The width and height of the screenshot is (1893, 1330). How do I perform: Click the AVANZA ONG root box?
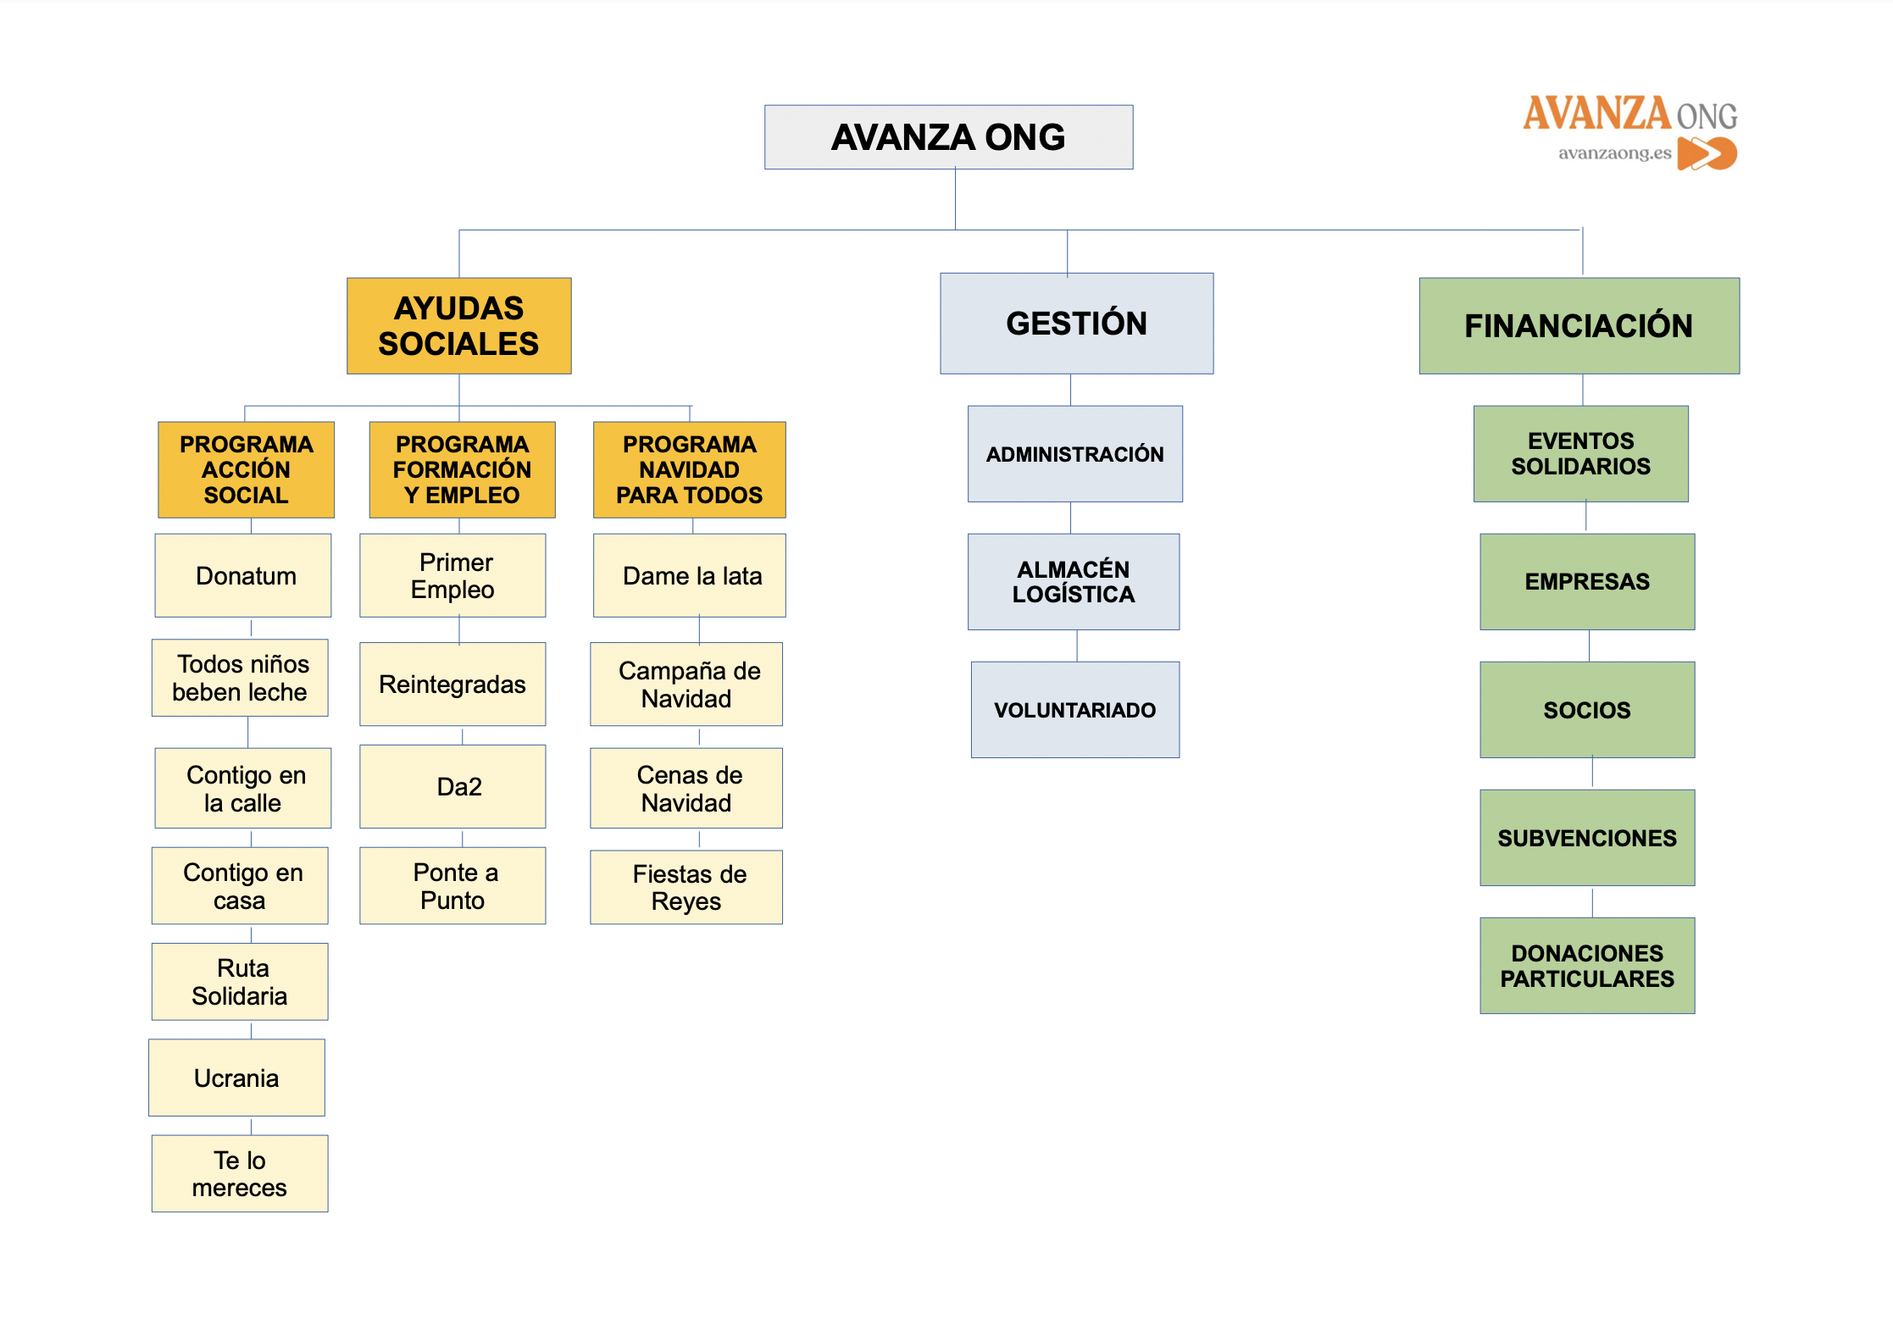pos(948,137)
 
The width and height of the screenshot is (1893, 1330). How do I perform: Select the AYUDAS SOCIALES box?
pos(458,326)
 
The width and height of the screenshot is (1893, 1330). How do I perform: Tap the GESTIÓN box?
pos(1076,324)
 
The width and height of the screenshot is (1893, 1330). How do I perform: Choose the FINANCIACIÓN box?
pos(1579,326)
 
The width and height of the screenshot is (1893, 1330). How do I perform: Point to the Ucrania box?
pos(236,1078)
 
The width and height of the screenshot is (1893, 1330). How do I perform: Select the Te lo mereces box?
pos(240,1173)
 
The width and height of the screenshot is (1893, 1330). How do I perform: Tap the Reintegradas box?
pos(452,684)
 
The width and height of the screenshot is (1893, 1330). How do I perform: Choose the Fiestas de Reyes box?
pos(686,887)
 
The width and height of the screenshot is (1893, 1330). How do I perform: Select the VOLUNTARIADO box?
pos(1074,710)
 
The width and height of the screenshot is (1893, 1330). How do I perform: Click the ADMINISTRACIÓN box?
pos(1074,454)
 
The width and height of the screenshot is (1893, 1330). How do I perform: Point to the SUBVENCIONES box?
pos(1587,838)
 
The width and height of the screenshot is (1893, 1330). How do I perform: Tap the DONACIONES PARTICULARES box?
pos(1587,966)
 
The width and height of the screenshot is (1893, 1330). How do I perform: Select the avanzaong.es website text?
pos(1614,153)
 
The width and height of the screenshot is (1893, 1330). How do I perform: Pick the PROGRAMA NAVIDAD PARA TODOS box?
pos(690,469)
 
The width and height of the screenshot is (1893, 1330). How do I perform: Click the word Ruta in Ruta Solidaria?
pos(243,967)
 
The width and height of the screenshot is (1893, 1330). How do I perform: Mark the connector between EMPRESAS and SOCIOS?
pos(1589,646)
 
